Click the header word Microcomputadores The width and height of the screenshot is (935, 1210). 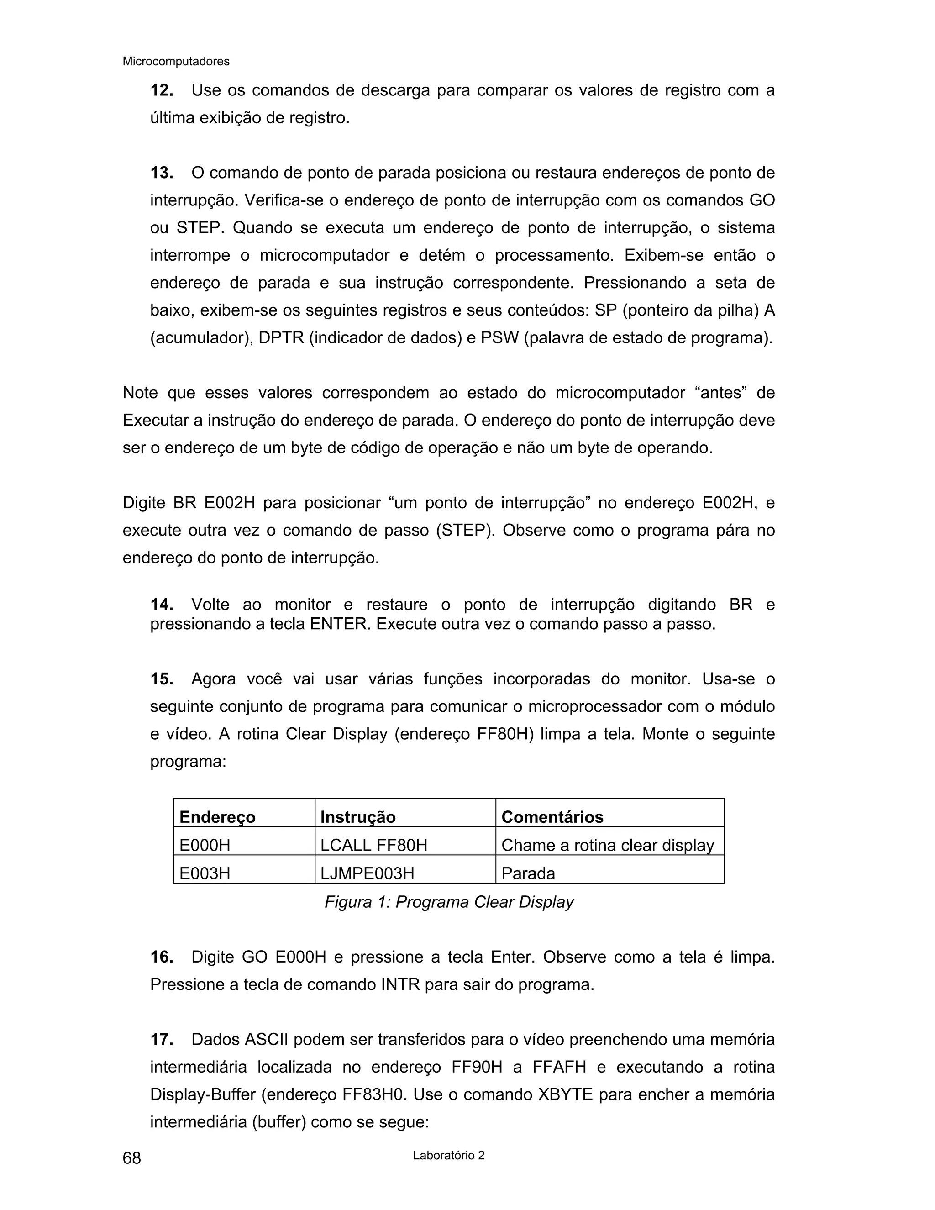pos(176,62)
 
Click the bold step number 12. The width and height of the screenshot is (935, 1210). pos(162,90)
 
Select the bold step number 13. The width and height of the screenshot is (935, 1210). pos(162,173)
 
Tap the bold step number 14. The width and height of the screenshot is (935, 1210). pos(162,605)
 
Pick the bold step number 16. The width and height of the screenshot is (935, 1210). pos(162,972)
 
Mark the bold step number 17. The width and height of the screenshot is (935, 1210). pos(162,1055)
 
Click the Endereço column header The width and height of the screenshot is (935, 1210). pos(217,817)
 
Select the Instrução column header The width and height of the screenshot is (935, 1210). pos(358,817)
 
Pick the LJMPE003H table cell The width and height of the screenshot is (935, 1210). pos(367,873)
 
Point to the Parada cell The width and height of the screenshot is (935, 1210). pos(528,873)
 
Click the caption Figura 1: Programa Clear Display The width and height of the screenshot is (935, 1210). pos(449,902)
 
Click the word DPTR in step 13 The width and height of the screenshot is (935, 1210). pos(281,338)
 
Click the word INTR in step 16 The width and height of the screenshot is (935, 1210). pos(400,1000)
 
